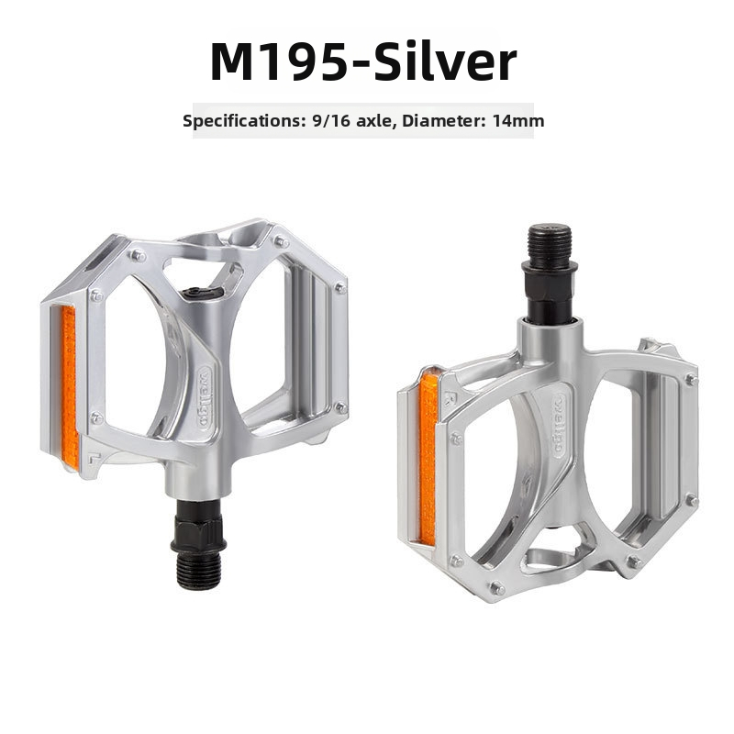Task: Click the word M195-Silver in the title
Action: (x=363, y=62)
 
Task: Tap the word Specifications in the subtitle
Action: (x=240, y=121)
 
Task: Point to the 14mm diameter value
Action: (x=518, y=121)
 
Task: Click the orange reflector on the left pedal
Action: (x=70, y=387)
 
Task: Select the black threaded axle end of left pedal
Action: (x=198, y=572)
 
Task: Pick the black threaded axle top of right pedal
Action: (x=550, y=247)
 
